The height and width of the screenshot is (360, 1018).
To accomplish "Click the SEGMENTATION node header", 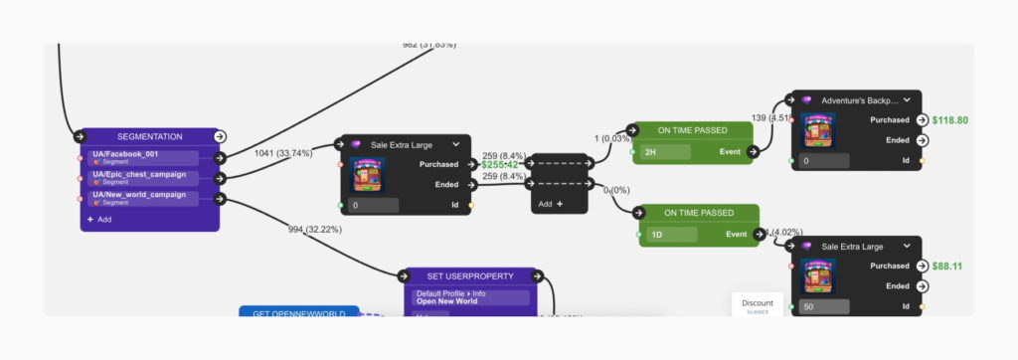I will [148, 136].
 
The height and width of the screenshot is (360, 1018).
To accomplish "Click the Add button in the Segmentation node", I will [99, 219].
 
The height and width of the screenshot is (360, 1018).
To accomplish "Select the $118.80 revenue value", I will [949, 120].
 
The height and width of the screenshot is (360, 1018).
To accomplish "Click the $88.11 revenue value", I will [947, 267].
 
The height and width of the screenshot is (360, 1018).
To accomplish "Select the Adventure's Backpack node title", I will [859, 100].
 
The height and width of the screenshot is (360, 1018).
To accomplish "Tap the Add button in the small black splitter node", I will [550, 204].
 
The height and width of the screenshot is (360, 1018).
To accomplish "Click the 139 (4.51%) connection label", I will [771, 118].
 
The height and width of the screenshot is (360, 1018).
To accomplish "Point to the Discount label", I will [757, 302].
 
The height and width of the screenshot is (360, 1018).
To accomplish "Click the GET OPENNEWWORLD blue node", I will [298, 314].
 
